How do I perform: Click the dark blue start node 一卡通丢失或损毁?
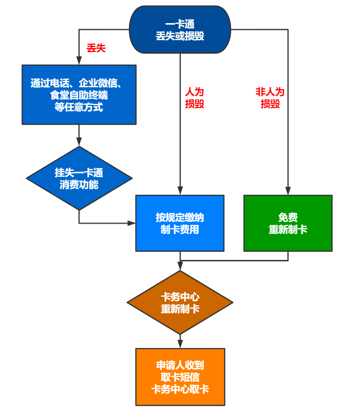[180, 30]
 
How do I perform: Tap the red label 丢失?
[96, 48]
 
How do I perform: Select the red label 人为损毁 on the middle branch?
[195, 98]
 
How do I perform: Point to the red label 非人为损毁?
[270, 98]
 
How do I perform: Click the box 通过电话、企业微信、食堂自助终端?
[79, 95]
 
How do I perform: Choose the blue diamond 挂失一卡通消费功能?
[79, 178]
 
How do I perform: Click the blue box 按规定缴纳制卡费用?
[180, 223]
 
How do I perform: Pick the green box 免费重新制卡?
[288, 223]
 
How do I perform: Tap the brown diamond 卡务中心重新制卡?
[180, 302]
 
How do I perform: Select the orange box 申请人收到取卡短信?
[180, 377]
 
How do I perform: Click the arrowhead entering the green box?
[288, 191]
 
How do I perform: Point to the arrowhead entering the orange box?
[180, 344]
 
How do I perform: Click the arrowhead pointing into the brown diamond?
[180, 266]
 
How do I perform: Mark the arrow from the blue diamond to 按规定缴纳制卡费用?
[106, 223]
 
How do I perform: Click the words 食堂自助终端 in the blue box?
[79, 96]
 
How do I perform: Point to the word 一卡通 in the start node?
[180, 24]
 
